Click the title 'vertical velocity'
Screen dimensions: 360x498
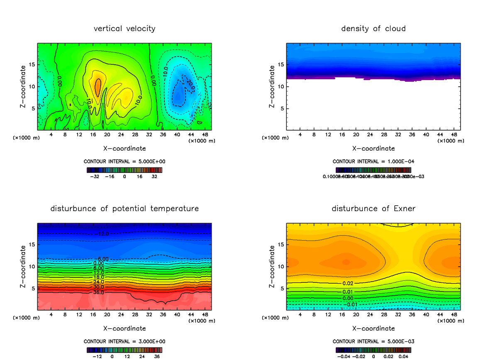point(124,29)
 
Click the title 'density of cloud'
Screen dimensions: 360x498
point(373,29)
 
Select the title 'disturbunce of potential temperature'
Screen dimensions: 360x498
point(124,209)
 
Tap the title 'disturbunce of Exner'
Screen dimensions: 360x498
point(373,209)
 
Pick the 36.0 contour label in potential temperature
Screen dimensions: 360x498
point(98,292)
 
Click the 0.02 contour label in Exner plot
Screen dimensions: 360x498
point(348,283)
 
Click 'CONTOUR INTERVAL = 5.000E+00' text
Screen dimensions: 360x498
point(124,161)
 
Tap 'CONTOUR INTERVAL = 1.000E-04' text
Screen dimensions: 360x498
point(373,161)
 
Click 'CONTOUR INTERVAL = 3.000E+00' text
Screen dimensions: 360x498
point(124,341)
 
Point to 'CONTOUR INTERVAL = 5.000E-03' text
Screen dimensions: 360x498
point(373,341)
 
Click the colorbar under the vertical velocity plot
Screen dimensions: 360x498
point(124,170)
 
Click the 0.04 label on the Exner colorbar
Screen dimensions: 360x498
point(404,356)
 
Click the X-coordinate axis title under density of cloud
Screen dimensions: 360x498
point(373,148)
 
